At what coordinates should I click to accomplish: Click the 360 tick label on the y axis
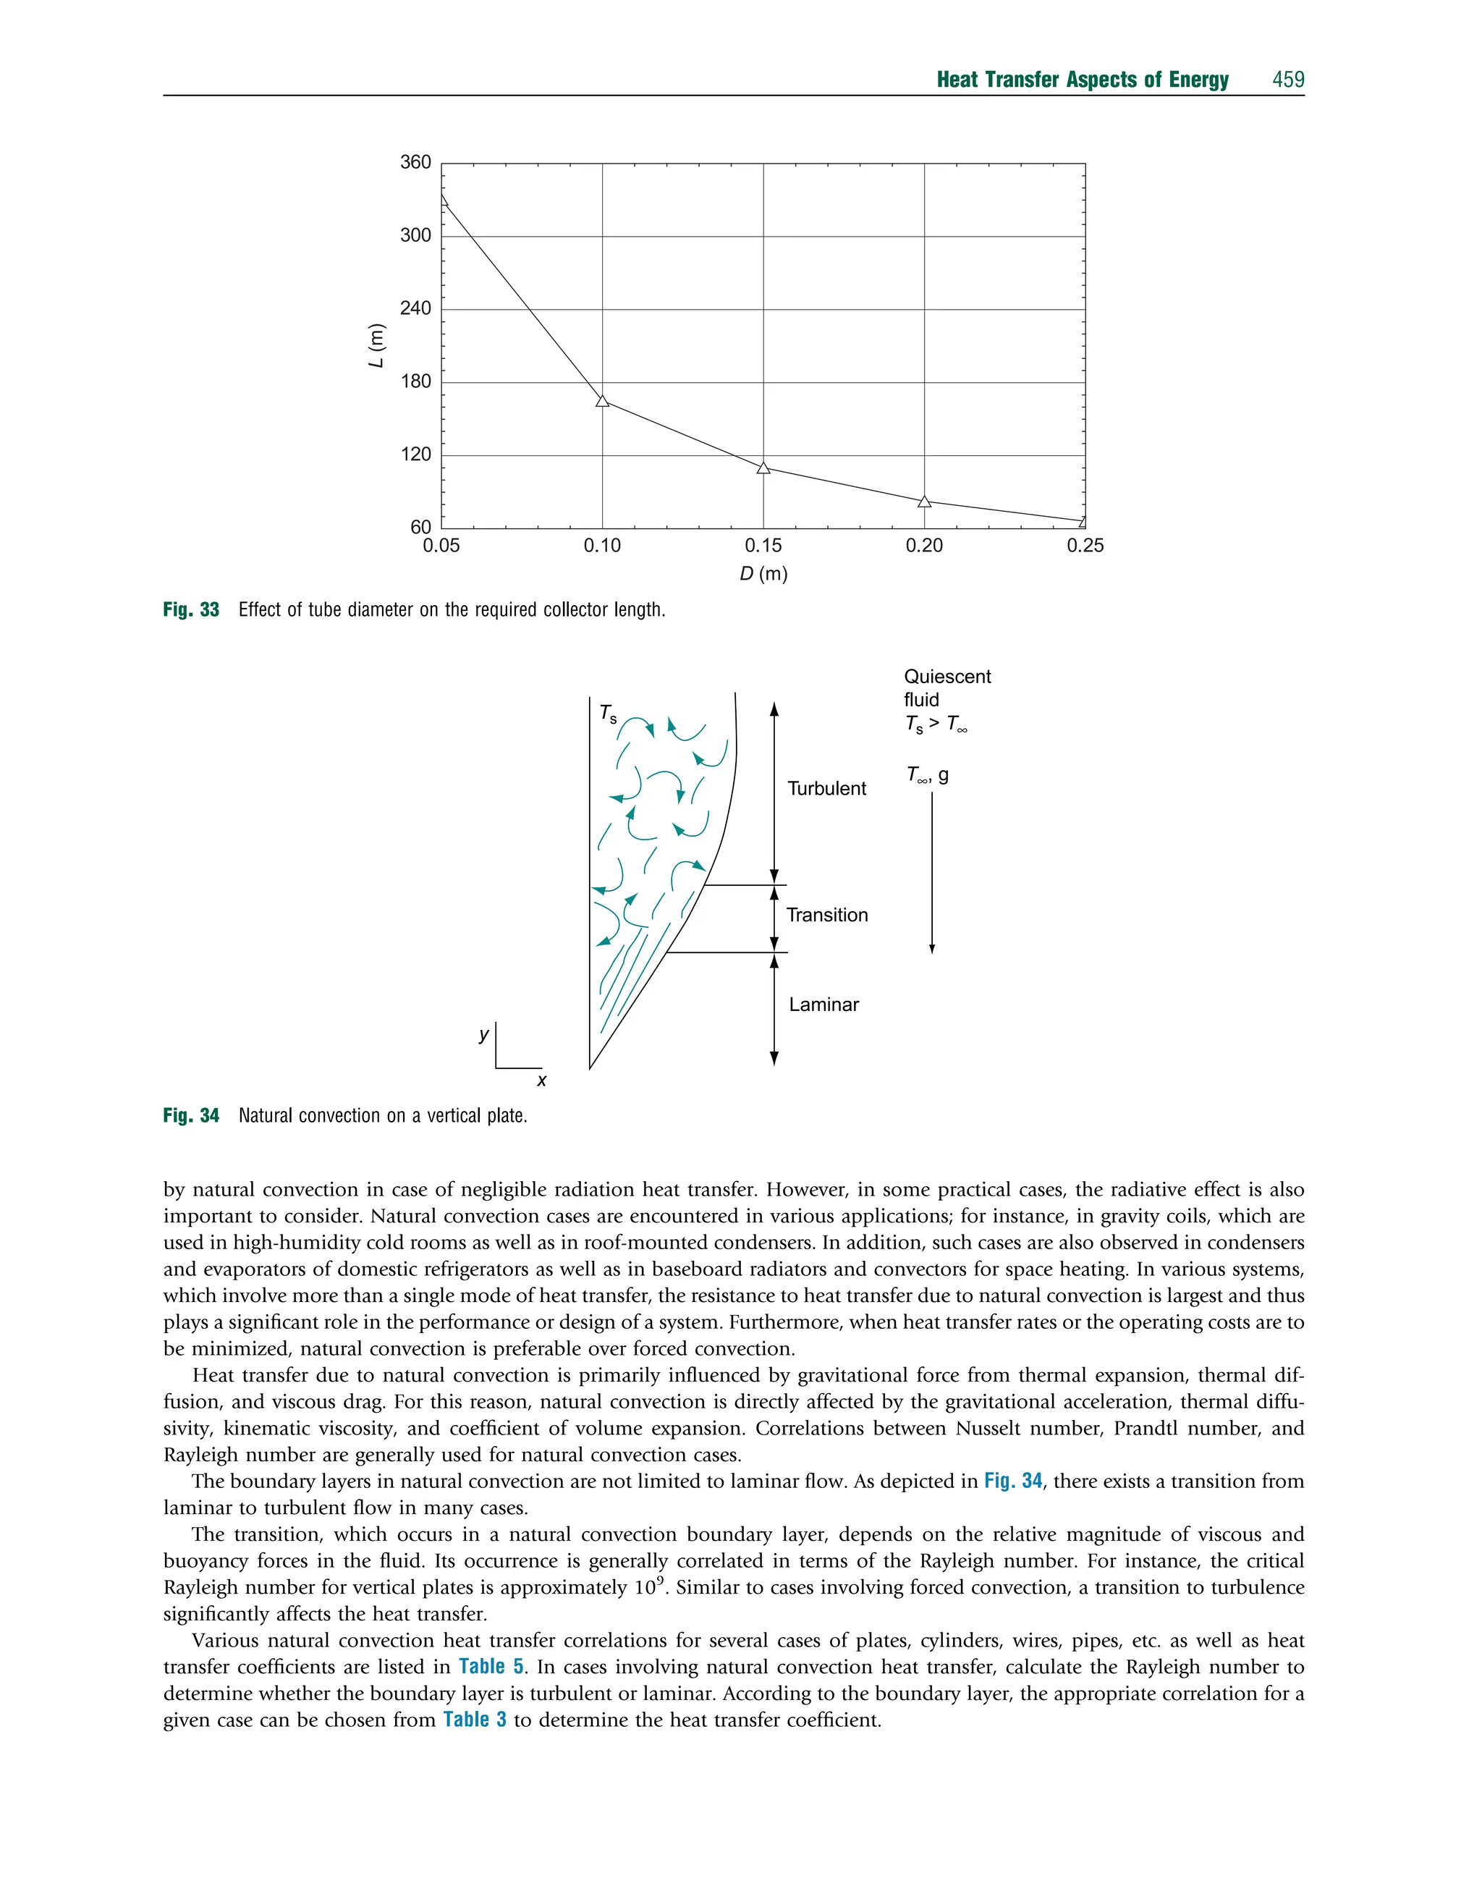pyautogui.click(x=415, y=162)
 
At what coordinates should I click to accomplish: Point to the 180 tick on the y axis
pyautogui.click(x=415, y=381)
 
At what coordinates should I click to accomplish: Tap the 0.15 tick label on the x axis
pyautogui.click(x=763, y=546)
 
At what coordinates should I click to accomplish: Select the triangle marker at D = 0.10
pyautogui.click(x=602, y=401)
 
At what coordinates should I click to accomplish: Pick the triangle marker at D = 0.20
pyautogui.click(x=924, y=502)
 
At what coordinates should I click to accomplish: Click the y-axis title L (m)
pyautogui.click(x=376, y=345)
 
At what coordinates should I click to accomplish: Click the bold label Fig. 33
pyautogui.click(x=191, y=610)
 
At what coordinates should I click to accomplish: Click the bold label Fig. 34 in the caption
pyautogui.click(x=191, y=1116)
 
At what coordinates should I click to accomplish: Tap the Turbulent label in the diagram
pyautogui.click(x=826, y=789)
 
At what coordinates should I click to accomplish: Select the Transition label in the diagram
pyautogui.click(x=826, y=916)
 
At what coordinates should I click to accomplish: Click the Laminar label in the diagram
pyautogui.click(x=823, y=1005)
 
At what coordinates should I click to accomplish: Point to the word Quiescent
pyautogui.click(x=947, y=677)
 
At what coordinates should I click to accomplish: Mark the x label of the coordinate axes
pyautogui.click(x=541, y=1081)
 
